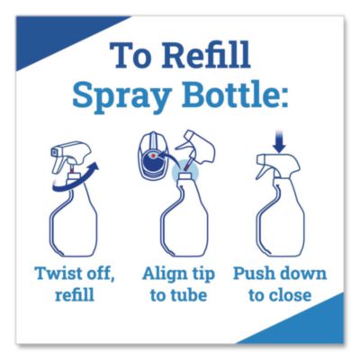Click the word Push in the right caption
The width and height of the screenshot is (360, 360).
click(x=253, y=274)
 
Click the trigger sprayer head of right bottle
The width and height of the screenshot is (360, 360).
click(x=274, y=168)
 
